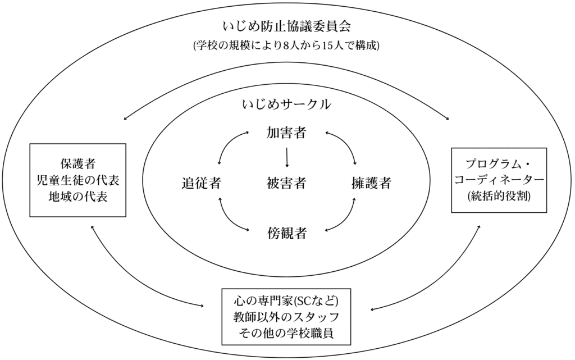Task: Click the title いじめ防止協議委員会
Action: (286, 26)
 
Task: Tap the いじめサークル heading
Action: (286, 104)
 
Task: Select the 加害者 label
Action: (286, 134)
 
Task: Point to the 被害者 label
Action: (286, 183)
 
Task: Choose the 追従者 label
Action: (200, 183)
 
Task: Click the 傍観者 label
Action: (286, 233)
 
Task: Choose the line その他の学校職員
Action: (286, 332)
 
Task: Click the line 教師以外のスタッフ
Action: (286, 315)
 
